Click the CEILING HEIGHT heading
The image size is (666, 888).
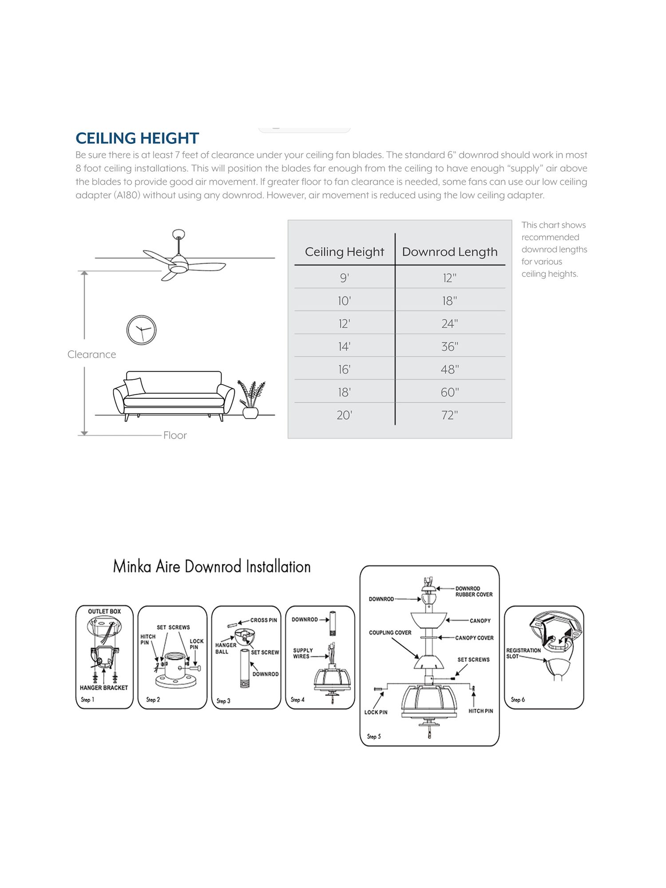[137, 138]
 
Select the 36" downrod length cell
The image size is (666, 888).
[449, 346]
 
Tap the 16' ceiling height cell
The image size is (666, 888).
[344, 369]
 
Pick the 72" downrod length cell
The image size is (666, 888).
[449, 415]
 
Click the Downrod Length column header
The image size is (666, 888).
[449, 252]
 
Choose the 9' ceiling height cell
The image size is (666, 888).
[344, 278]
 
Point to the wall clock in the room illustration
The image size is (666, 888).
[141, 330]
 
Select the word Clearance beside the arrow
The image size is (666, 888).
[91, 354]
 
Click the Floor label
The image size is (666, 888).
[175, 435]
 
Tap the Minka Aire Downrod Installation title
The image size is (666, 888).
[212, 567]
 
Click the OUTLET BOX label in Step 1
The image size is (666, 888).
[104, 611]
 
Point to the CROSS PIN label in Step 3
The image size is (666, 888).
[263, 620]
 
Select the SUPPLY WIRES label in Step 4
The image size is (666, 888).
[302, 653]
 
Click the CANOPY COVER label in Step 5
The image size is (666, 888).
[474, 638]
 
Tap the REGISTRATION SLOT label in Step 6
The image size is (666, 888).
[523, 653]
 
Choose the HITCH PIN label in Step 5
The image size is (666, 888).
[480, 711]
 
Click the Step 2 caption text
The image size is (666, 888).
[153, 699]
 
